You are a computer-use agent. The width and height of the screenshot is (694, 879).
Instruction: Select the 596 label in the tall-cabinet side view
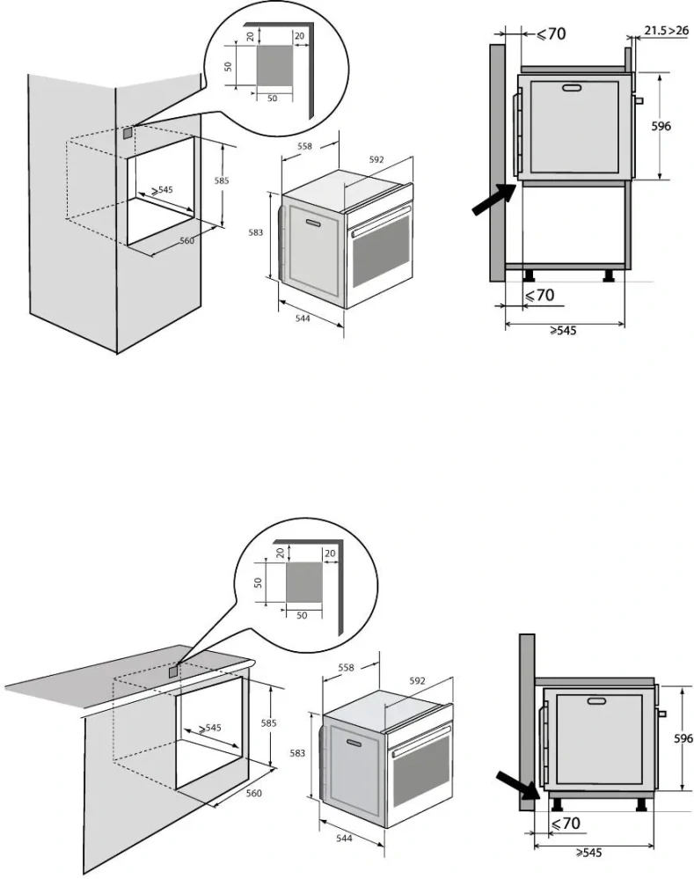click(661, 127)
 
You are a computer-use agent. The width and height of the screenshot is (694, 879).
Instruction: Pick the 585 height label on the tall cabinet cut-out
click(222, 180)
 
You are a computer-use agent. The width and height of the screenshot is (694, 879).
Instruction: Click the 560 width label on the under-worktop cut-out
click(254, 792)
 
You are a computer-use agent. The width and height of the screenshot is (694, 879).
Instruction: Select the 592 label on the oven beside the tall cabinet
click(376, 160)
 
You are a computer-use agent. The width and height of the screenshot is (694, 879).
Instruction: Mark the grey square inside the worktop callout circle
click(305, 581)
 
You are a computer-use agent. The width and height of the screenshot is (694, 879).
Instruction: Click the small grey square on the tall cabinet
click(128, 133)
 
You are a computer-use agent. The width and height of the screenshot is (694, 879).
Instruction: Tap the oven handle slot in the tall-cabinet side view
click(573, 88)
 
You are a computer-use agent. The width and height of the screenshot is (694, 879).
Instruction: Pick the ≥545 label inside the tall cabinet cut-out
click(161, 189)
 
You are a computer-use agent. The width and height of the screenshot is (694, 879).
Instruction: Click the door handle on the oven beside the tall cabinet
click(310, 223)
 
